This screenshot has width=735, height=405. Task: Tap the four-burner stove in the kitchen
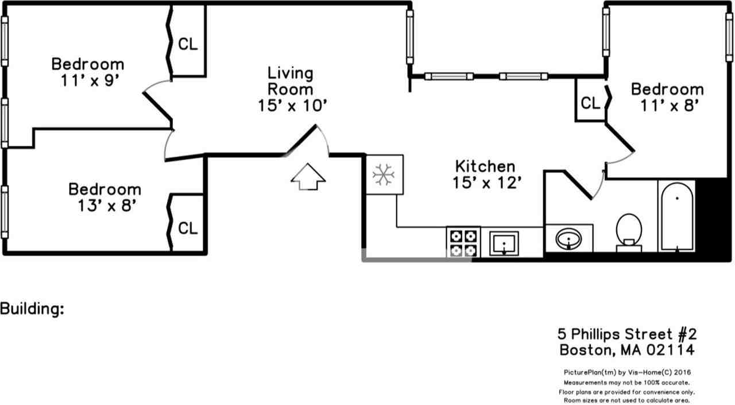(x=463, y=243)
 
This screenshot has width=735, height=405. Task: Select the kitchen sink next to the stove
(x=504, y=243)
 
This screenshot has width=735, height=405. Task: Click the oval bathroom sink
(x=568, y=238)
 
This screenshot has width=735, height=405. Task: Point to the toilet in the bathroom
(x=628, y=232)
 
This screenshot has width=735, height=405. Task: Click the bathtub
(x=677, y=216)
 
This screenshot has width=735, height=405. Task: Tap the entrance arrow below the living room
(x=308, y=177)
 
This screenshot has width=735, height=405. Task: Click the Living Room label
(x=291, y=89)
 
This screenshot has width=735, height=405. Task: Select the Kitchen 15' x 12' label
(x=485, y=174)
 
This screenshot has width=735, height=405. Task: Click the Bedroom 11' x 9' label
(x=87, y=72)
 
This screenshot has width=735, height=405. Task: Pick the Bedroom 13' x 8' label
(x=105, y=197)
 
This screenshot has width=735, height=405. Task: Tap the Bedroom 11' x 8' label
(x=667, y=97)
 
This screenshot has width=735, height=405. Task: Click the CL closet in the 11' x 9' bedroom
(x=188, y=44)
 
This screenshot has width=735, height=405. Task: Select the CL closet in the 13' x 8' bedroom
(x=188, y=228)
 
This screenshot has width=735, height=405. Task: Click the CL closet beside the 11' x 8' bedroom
(x=590, y=103)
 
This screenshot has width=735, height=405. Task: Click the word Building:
(x=32, y=309)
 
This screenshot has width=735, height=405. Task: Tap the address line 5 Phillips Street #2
(x=627, y=334)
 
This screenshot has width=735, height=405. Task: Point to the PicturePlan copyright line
(x=626, y=372)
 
